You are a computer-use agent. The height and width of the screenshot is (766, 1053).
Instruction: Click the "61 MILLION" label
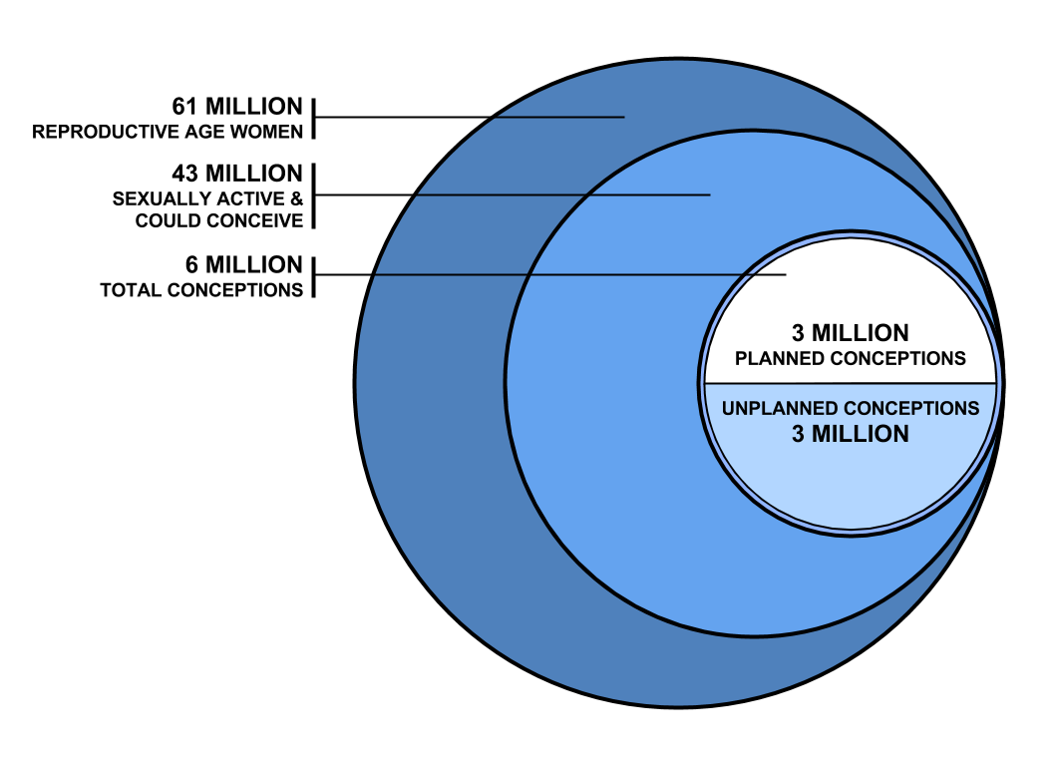click(236, 106)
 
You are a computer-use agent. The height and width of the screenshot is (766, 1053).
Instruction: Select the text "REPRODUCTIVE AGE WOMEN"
click(168, 131)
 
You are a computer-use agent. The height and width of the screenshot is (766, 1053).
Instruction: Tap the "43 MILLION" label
click(236, 173)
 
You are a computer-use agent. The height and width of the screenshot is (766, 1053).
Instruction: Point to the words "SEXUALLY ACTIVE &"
click(206, 198)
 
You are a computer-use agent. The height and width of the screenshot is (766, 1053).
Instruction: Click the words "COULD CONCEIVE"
click(218, 220)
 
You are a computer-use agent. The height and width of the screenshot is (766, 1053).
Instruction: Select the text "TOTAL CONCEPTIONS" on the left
click(201, 290)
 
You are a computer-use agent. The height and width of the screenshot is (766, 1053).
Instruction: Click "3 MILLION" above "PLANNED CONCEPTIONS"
click(851, 333)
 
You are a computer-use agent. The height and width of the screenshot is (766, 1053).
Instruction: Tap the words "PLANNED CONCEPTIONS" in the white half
click(851, 357)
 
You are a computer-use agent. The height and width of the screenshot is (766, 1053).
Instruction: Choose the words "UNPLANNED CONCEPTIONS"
click(851, 409)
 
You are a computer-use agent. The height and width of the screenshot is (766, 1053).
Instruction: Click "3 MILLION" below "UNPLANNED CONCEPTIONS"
click(851, 434)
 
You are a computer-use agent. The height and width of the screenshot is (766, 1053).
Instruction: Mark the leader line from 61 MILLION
click(469, 117)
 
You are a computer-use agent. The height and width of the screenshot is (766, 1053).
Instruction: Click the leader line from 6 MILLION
click(548, 274)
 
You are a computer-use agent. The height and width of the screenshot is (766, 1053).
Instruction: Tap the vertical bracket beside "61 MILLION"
click(314, 118)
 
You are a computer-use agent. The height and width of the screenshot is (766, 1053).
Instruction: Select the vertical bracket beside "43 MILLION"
click(314, 195)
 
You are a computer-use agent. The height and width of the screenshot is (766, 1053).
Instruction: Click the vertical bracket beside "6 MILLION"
click(314, 276)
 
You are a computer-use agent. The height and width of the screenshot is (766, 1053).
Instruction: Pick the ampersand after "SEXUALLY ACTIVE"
click(296, 198)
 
